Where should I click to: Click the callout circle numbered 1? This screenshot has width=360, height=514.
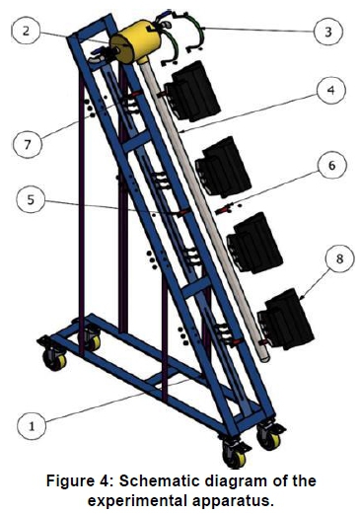pyautogui.click(x=32, y=426)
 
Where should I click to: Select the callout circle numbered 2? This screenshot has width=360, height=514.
pyautogui.click(x=26, y=31)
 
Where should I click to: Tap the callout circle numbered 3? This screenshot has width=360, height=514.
pyautogui.click(x=328, y=32)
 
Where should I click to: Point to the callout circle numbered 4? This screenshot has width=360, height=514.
pyautogui.click(x=331, y=90)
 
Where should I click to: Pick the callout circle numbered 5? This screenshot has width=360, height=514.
pyautogui.click(x=31, y=199)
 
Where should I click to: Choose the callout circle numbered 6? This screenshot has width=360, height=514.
pyautogui.click(x=332, y=165)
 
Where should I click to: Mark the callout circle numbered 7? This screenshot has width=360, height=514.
pyautogui.click(x=28, y=144)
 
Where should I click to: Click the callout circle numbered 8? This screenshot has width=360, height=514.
pyautogui.click(x=339, y=258)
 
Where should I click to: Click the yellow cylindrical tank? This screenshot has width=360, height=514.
pyautogui.click(x=135, y=40)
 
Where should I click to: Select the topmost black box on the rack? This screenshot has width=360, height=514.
pyautogui.click(x=192, y=91)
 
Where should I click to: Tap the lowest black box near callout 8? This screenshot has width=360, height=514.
pyautogui.click(x=285, y=320)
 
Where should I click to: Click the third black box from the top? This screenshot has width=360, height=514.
pyautogui.click(x=254, y=243)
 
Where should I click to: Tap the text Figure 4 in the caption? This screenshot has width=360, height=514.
pyautogui.click(x=79, y=481)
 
